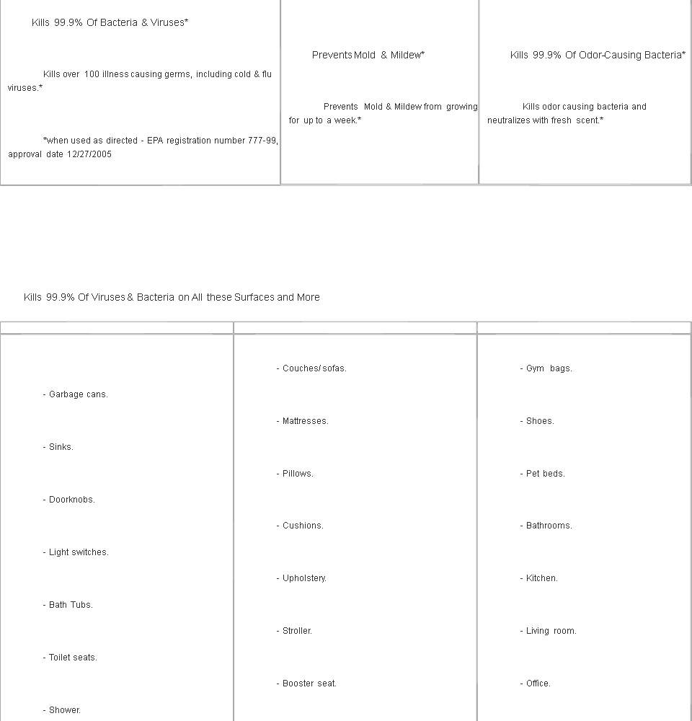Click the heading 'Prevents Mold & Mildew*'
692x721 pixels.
pyautogui.click(x=368, y=55)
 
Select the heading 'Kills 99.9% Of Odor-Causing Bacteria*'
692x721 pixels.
pyautogui.click(x=598, y=55)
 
